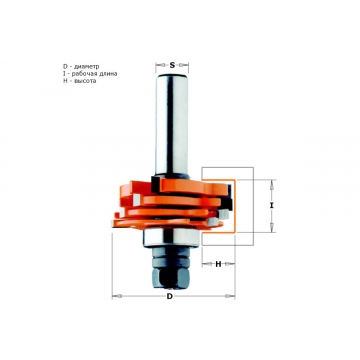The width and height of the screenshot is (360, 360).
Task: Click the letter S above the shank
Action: [x=172, y=65]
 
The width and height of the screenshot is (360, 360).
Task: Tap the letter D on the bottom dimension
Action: [x=170, y=297]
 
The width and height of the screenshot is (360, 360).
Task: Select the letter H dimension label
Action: [x=218, y=264]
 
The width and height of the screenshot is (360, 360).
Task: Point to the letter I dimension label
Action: [x=272, y=206]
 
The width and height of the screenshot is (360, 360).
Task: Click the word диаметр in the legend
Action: [x=87, y=67]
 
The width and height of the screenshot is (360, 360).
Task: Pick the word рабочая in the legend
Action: [x=85, y=74]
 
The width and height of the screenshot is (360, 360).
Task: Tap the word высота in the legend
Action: [x=85, y=81]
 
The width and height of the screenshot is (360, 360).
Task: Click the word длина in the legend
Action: [x=108, y=74]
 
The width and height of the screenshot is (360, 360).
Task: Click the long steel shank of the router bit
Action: [x=172, y=124]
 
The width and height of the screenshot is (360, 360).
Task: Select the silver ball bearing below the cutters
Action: [x=171, y=238]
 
